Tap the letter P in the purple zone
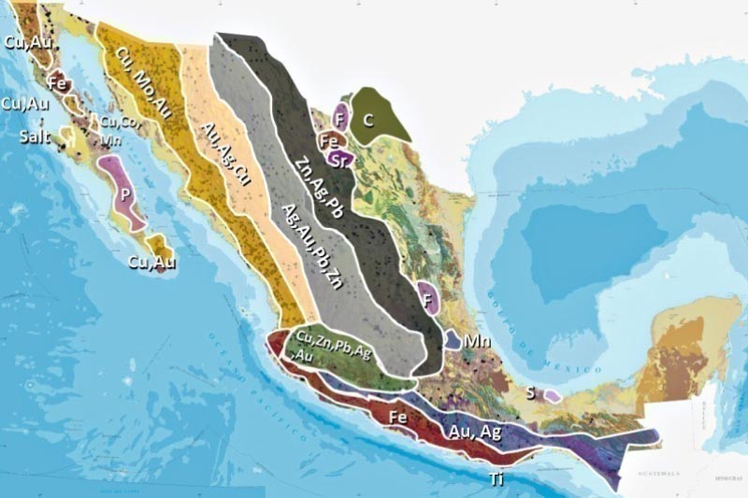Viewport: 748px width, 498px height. pos(124,186)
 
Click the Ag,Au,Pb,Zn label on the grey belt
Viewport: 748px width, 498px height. pos(309,243)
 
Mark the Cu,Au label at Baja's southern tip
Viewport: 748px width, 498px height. pos(152,263)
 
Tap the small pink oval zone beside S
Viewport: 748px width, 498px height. pos(552,396)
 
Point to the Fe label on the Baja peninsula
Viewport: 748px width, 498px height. pos(58,82)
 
